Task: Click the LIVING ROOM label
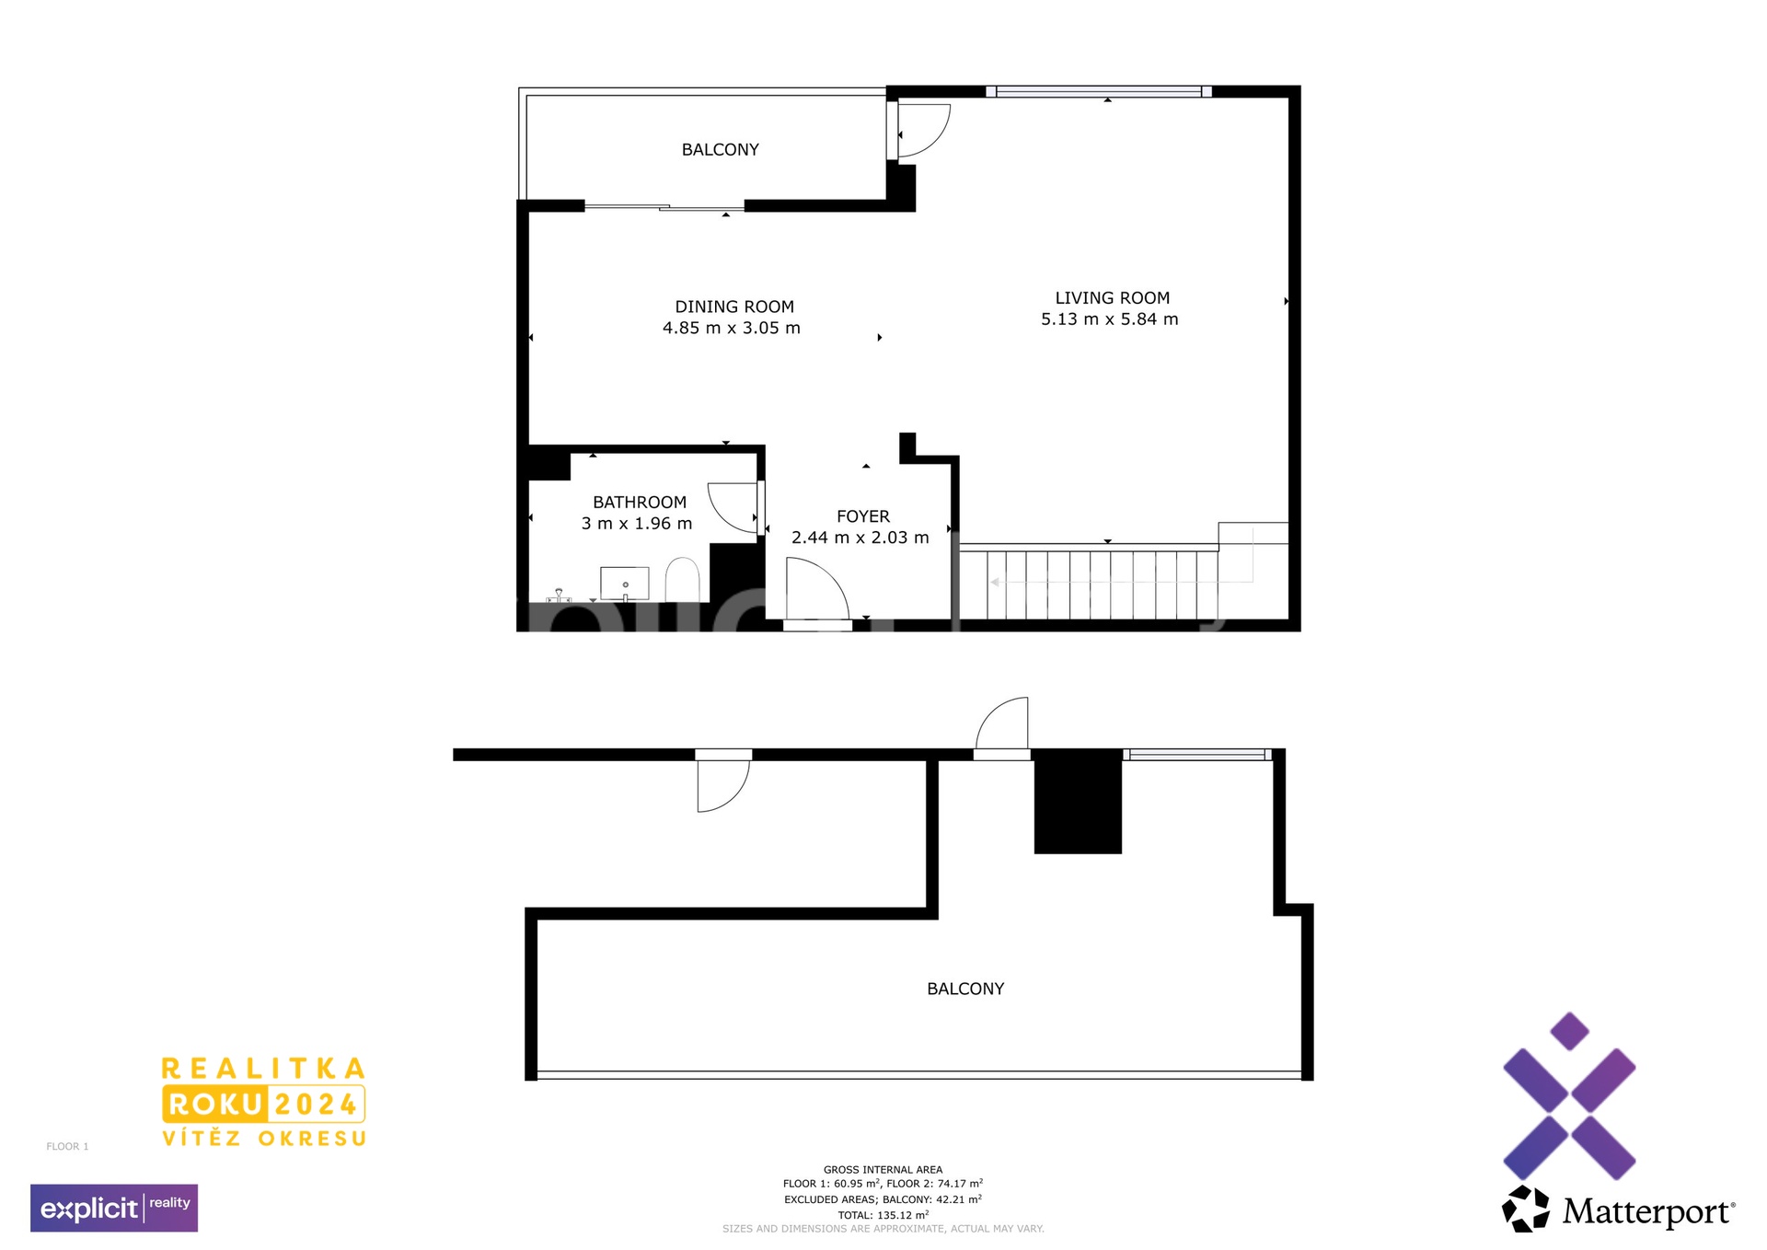(1112, 298)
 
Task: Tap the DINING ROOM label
(734, 307)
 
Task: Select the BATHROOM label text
(640, 503)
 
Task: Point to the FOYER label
(863, 517)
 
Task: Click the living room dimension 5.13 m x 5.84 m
(1110, 319)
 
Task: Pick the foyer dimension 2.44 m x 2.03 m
(860, 538)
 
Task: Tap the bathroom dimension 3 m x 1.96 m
(637, 524)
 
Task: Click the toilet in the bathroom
(682, 579)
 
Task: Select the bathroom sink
(625, 584)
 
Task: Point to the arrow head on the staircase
(995, 583)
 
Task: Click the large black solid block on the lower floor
(1078, 802)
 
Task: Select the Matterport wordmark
(1648, 1211)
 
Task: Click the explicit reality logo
(114, 1208)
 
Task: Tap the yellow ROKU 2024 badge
(263, 1104)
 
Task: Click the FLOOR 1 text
(67, 1146)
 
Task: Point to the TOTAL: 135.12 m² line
(883, 1215)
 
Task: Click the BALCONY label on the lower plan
(965, 989)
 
